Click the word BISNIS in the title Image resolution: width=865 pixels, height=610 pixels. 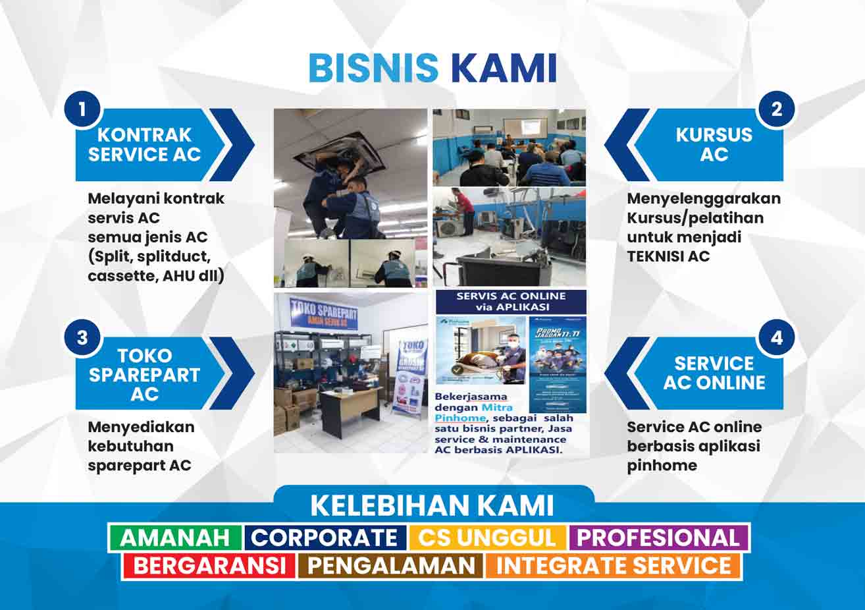[x=373, y=68]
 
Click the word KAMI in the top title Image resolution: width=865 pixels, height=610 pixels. [x=504, y=68]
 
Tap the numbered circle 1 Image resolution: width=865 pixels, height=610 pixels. [x=82, y=109]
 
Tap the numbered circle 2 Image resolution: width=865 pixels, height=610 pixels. [x=777, y=109]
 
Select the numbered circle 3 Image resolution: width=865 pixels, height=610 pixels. [x=82, y=337]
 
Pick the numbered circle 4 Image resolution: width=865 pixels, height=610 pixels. [x=777, y=337]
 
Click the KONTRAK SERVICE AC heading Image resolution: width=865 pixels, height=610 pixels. [x=145, y=145]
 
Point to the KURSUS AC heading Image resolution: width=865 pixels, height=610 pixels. [x=714, y=145]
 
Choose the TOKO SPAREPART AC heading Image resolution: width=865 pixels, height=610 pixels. [x=145, y=374]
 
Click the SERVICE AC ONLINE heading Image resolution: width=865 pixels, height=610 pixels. [x=714, y=373]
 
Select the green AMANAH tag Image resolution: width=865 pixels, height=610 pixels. [x=174, y=538]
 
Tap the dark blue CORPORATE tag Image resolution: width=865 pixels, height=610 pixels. [x=325, y=538]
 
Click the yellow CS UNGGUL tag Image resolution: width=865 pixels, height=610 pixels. [x=487, y=538]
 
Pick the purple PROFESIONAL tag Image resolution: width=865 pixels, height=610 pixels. [x=658, y=538]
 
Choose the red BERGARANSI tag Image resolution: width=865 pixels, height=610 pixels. [x=210, y=566]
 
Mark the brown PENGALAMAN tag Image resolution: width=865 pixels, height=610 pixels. [x=391, y=566]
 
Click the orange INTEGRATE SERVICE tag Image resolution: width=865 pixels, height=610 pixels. [x=614, y=566]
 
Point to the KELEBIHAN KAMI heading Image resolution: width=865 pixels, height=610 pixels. [x=432, y=505]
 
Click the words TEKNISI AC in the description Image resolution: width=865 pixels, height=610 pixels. [x=668, y=256]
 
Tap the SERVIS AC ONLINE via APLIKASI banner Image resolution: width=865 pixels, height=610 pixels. [x=511, y=302]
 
